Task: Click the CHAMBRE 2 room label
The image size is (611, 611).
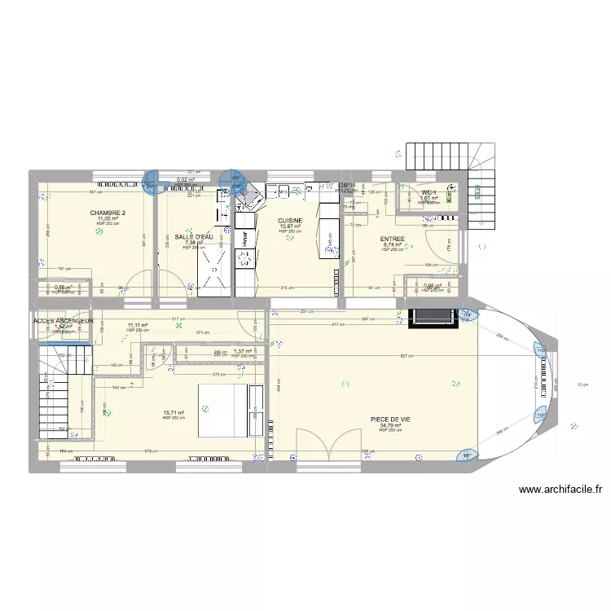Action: pos(107,213)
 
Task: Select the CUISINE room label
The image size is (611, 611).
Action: pos(290,221)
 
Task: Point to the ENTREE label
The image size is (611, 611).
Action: pos(392,239)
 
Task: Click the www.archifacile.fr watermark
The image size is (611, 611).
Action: pos(559,490)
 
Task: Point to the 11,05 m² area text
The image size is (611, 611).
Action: pos(108,218)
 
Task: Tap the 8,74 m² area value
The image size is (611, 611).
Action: pos(393,244)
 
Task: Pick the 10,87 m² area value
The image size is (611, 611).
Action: pos(291,226)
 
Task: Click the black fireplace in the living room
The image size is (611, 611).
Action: pos(433,318)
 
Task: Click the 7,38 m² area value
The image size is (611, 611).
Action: pos(194,243)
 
